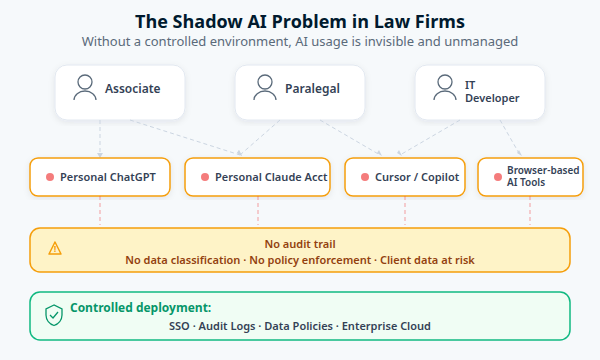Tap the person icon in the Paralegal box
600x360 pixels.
click(266, 89)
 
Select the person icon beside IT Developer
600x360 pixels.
click(446, 89)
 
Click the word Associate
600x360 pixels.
click(132, 89)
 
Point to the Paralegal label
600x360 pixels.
click(312, 89)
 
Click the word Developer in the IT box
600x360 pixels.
click(492, 98)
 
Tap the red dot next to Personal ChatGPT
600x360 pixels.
click(48, 177)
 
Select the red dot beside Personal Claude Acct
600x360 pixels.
click(204, 177)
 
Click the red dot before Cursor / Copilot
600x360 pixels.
click(363, 177)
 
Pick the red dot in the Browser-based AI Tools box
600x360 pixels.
click(496, 177)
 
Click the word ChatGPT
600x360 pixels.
click(133, 177)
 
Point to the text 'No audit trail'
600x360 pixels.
click(300, 243)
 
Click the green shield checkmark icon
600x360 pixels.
click(54, 315)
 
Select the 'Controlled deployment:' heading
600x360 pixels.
click(141, 308)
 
